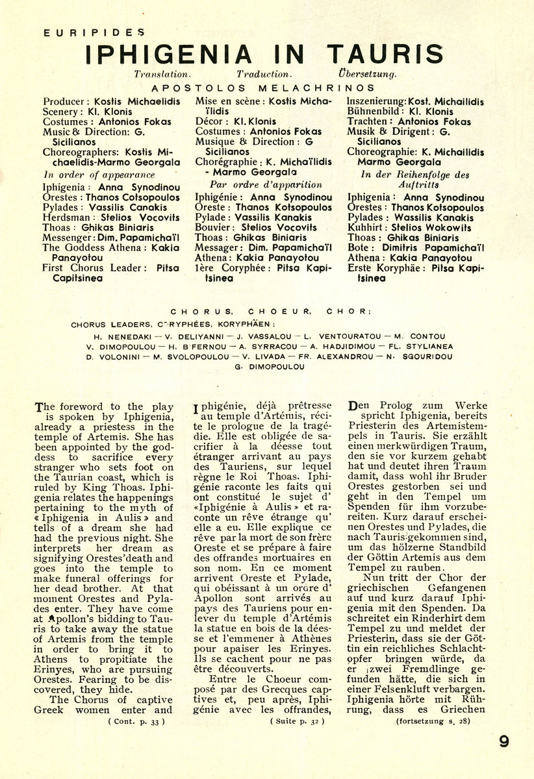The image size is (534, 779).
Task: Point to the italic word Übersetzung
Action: [x=367, y=75]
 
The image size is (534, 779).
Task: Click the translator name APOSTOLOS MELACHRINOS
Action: [x=262, y=87]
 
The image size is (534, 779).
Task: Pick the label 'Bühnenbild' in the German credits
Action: [x=371, y=112]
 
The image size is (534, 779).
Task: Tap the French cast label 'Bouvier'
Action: [x=213, y=227]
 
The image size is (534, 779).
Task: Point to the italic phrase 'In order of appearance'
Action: [x=99, y=175]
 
